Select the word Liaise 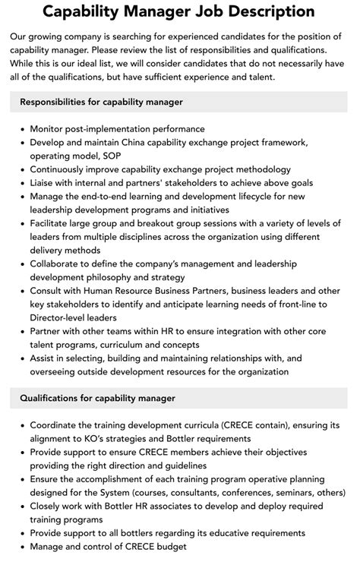(x=45, y=183)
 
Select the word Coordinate (x=58, y=425)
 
